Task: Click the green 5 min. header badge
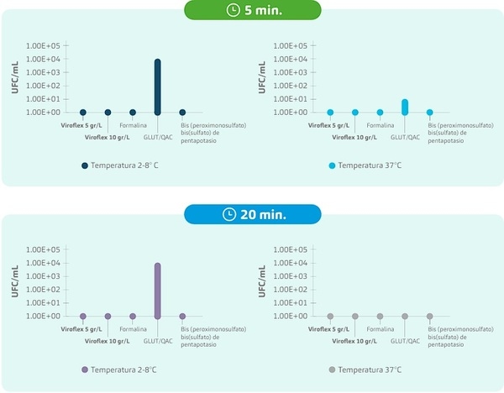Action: click(252, 11)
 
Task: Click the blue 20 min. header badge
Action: click(252, 214)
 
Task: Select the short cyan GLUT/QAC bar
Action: click(405, 106)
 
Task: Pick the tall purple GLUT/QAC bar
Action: click(157, 290)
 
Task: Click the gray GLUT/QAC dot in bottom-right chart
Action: click(405, 317)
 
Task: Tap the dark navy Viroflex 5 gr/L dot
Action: click(83, 113)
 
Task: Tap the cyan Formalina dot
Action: click(380, 113)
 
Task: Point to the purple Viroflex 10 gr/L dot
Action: click(108, 317)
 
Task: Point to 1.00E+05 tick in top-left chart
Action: click(43, 45)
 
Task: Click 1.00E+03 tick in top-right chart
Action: click(290, 72)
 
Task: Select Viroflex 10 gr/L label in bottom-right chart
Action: click(354, 342)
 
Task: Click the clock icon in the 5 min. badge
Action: click(233, 11)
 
